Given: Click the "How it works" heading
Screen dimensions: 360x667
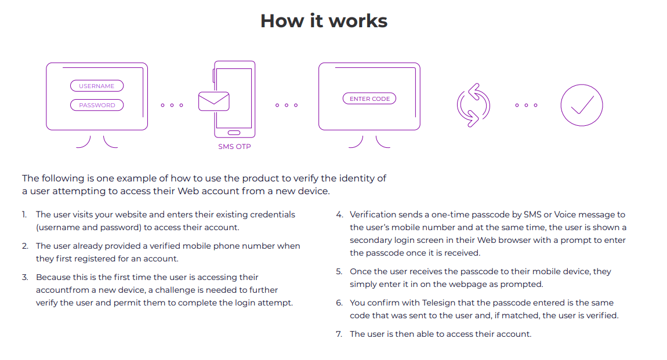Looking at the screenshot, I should (x=324, y=21).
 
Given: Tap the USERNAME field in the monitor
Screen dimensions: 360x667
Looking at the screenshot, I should (x=97, y=86).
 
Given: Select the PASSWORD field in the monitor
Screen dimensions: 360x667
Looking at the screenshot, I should (x=97, y=105).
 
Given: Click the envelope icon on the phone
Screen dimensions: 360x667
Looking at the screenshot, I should (x=213, y=101).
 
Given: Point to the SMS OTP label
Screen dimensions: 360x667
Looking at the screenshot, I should (x=234, y=147).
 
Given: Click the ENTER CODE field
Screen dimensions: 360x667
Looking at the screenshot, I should (x=369, y=99).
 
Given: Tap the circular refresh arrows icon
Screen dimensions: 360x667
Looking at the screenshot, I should (x=473, y=105).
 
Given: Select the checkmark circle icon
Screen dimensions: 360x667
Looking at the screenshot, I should (x=581, y=105).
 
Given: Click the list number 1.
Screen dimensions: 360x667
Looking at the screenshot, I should (x=25, y=214).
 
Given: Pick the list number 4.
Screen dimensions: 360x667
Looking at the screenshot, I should (x=339, y=214).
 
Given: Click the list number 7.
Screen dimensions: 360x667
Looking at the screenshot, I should (x=339, y=334).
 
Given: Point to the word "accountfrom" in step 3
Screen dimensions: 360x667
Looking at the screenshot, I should (x=60, y=290).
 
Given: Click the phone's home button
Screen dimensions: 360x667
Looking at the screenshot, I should (x=234, y=133).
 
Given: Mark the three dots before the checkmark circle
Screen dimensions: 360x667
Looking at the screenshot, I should (x=526, y=105).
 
